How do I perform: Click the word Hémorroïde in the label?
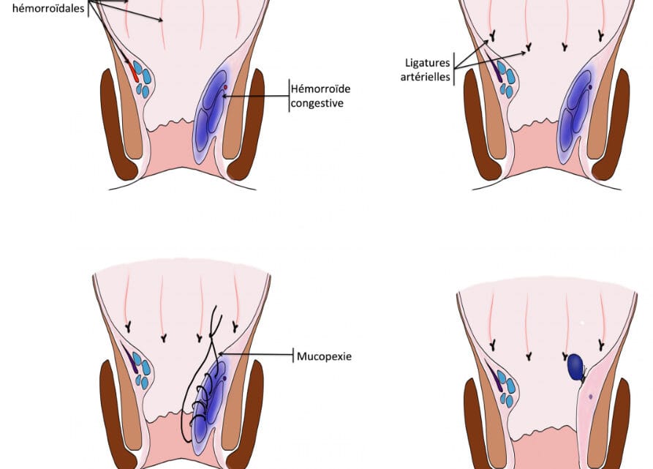pos(320,89)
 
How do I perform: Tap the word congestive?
pos(317,103)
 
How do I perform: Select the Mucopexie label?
pos(324,356)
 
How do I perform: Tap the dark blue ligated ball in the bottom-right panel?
pos(576,365)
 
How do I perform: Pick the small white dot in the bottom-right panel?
pos(582,323)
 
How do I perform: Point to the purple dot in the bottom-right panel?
pos(590,397)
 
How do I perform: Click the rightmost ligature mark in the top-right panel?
pos(600,34)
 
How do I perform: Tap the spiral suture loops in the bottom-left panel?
pos(205,395)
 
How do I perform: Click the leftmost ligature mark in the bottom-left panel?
pos(128,323)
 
